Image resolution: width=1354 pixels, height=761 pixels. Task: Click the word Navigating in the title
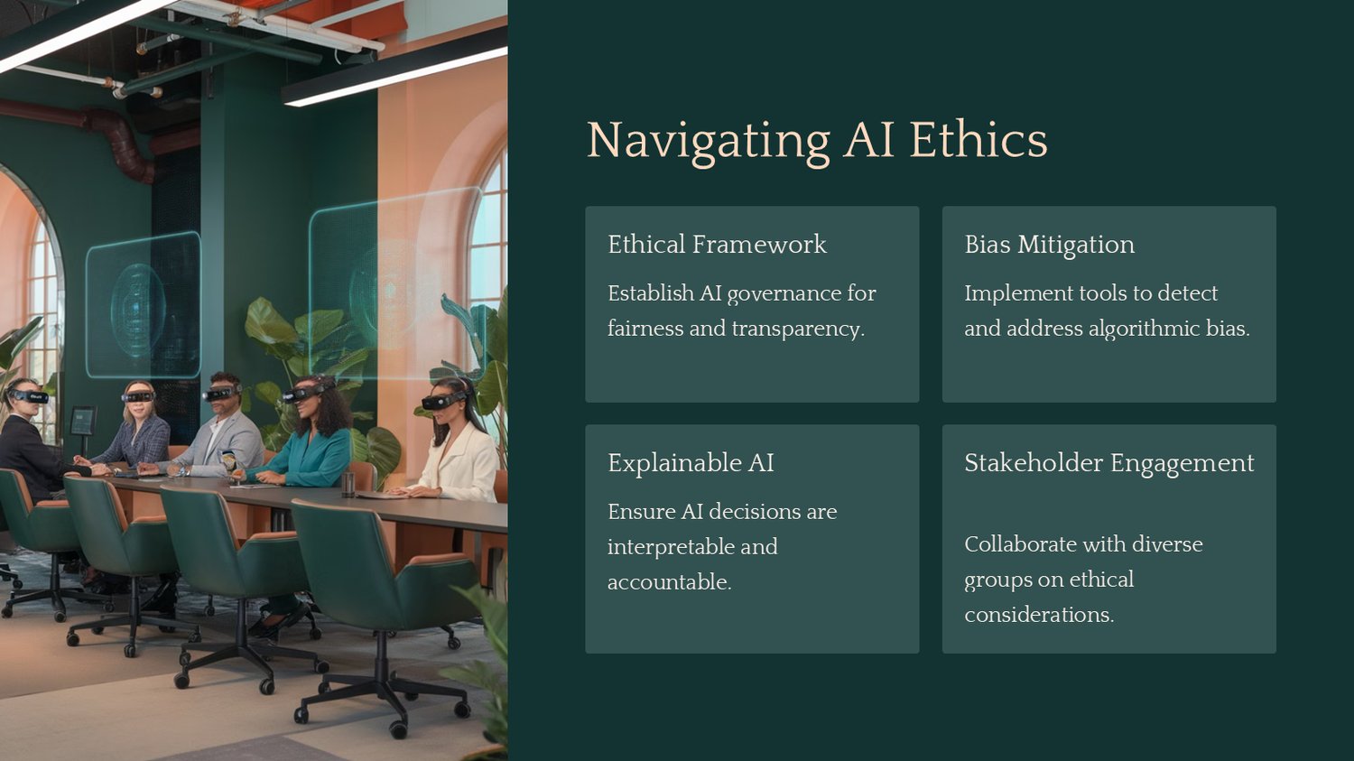click(x=709, y=142)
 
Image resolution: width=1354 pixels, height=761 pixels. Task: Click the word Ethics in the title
click(x=978, y=139)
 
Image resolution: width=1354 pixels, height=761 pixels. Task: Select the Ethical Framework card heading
click(x=717, y=245)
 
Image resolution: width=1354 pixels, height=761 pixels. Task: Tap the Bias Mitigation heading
click(x=1049, y=246)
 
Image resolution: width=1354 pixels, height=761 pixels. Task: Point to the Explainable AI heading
click(x=691, y=463)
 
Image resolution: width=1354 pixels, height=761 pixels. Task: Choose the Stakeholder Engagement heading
click(x=1109, y=464)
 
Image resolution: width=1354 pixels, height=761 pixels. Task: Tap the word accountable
click(x=670, y=581)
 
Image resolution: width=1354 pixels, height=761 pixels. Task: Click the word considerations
click(x=1039, y=615)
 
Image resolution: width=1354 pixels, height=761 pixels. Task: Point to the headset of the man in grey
click(x=221, y=393)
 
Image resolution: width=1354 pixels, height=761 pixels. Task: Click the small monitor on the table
click(x=83, y=421)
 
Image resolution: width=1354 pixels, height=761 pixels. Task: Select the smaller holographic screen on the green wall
click(x=144, y=305)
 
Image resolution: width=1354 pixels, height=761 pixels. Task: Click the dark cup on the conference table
click(x=348, y=485)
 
